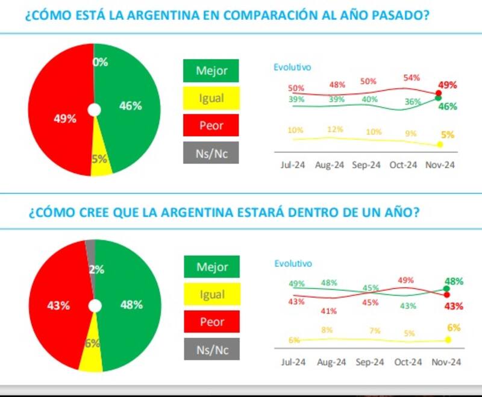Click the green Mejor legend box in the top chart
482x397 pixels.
click(211, 70)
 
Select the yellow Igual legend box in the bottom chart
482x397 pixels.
click(211, 295)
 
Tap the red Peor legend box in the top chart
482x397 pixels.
click(211, 125)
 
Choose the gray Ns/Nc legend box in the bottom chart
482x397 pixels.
click(211, 349)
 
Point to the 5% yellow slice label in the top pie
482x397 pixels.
click(99, 159)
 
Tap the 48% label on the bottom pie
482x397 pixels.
click(131, 305)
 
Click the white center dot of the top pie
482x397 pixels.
click(94, 110)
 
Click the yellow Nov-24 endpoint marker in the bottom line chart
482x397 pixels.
click(448, 340)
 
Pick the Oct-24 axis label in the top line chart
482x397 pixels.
click(404, 165)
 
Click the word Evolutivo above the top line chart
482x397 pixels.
click(292, 67)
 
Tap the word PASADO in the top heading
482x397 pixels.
click(404, 15)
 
